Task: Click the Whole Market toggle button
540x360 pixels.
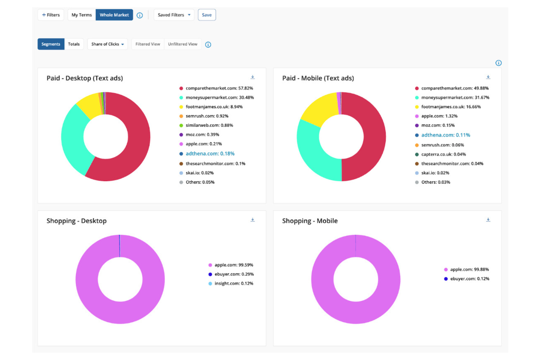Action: click(x=114, y=15)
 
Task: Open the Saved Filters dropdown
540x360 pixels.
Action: click(x=174, y=15)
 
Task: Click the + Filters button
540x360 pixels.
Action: click(x=51, y=15)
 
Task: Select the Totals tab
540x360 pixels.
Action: click(x=74, y=44)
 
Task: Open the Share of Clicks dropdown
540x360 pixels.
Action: click(x=107, y=44)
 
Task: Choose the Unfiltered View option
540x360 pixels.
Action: click(x=182, y=44)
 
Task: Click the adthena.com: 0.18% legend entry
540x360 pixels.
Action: click(x=210, y=154)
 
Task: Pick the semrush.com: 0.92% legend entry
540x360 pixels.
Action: click(x=207, y=116)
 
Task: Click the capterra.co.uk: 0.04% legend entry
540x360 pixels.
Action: click(x=443, y=154)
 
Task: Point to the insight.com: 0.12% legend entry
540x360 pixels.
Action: click(x=234, y=283)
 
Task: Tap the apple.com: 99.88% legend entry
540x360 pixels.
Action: click(x=469, y=270)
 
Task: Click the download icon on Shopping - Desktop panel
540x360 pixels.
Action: click(x=252, y=220)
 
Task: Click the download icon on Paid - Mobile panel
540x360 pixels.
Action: click(x=488, y=77)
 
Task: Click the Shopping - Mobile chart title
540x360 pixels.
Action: click(x=310, y=221)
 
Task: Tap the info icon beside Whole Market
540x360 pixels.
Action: click(x=140, y=15)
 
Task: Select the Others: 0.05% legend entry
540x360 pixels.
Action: click(x=200, y=182)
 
